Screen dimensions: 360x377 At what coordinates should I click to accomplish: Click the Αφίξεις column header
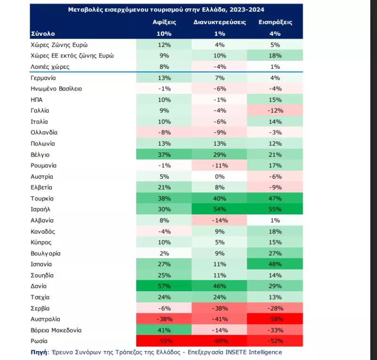click(x=164, y=22)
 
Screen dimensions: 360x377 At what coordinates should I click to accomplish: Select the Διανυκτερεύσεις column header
click(x=220, y=22)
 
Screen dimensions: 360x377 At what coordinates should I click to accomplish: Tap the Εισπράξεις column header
click(x=276, y=22)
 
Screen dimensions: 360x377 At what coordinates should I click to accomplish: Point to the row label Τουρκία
click(x=41, y=198)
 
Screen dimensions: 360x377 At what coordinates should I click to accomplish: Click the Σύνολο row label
click(x=43, y=33)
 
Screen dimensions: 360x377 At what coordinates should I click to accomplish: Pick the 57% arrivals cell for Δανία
click(x=164, y=286)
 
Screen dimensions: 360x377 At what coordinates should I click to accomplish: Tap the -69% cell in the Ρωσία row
click(x=220, y=341)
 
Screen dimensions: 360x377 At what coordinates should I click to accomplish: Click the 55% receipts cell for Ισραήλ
click(x=276, y=209)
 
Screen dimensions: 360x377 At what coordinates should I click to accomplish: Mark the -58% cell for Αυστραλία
click(x=276, y=319)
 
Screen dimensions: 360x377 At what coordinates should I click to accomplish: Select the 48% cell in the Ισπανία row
click(x=276, y=264)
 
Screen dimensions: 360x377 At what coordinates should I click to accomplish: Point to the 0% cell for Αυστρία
click(x=220, y=177)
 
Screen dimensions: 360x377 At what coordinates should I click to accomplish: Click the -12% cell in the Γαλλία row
click(x=276, y=111)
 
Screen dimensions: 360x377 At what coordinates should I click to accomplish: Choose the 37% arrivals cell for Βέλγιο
click(x=164, y=155)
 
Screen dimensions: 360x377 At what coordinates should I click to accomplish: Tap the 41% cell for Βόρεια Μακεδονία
click(x=164, y=330)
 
